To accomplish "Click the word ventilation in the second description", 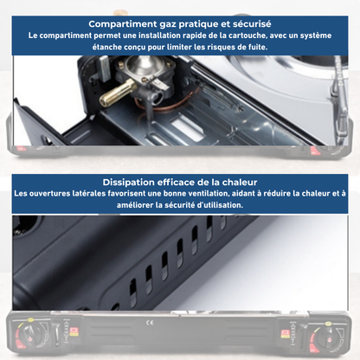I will click(205, 195).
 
